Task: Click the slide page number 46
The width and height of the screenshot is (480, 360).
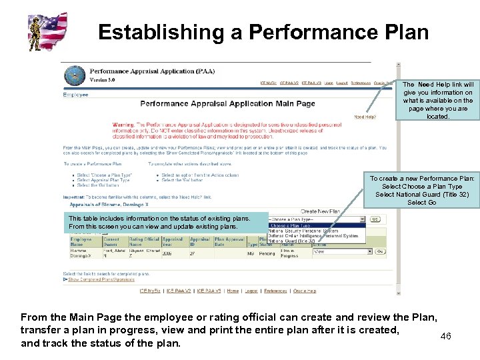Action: (x=446, y=336)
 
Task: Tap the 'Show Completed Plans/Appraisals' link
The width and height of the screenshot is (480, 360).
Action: (x=101, y=279)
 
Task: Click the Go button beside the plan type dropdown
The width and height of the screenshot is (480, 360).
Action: (x=375, y=219)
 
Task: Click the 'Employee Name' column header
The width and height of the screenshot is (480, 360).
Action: (x=81, y=241)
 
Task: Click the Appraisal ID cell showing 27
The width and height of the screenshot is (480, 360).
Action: (x=193, y=254)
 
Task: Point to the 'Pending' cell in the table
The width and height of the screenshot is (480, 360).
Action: (x=267, y=254)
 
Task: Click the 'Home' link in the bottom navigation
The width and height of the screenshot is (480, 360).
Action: (x=232, y=291)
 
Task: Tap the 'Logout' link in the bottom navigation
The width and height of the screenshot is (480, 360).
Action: (x=251, y=291)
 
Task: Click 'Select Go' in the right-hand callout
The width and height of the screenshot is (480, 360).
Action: (x=422, y=202)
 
